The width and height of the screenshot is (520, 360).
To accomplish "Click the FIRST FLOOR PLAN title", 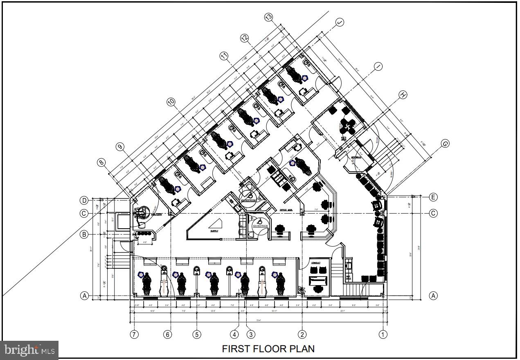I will (x=268, y=349).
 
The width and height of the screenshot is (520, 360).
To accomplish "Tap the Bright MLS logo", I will (x=29, y=350).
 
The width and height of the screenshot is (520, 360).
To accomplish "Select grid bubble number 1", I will (x=383, y=334).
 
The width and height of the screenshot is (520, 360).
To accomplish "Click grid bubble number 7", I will (x=134, y=334).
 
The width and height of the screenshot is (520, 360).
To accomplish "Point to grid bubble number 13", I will (x=269, y=17).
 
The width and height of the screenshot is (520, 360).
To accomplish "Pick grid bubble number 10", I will (x=171, y=101).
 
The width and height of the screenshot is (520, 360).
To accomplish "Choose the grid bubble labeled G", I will (x=445, y=144).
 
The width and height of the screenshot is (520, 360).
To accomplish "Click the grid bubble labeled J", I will (x=340, y=22).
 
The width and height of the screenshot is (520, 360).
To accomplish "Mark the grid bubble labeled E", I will (x=433, y=197).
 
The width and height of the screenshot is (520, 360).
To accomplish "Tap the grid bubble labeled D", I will (x=84, y=200).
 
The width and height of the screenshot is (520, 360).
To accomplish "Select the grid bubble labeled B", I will (x=84, y=234).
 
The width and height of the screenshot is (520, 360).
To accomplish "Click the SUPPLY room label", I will (x=214, y=231).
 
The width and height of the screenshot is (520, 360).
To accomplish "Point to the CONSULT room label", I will (x=315, y=263).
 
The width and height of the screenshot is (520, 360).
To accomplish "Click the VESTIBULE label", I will (x=356, y=157).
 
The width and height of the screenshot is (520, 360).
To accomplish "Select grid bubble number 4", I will (x=234, y=334).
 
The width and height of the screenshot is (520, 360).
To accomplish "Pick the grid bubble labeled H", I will (x=403, y=95).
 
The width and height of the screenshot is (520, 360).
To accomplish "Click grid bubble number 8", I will (x=101, y=162).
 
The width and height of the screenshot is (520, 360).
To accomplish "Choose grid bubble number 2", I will (x=302, y=334).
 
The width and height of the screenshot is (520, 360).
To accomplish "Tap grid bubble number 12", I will (x=244, y=38).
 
